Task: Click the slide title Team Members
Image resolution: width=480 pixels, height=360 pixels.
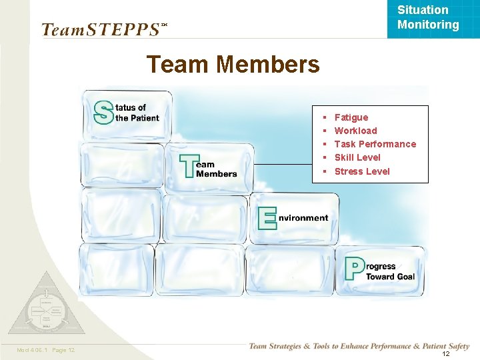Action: click(x=233, y=65)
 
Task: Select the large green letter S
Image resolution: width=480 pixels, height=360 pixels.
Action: click(x=103, y=112)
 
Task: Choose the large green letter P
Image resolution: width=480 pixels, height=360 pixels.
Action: click(x=354, y=269)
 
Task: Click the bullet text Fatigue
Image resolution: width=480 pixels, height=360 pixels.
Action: click(x=351, y=117)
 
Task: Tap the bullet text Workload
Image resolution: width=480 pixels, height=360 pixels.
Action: click(x=355, y=131)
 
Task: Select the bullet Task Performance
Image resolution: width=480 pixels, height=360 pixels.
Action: click(x=375, y=144)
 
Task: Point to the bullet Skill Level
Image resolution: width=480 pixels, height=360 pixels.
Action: click(x=357, y=157)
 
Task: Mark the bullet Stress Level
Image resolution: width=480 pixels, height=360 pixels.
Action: click(x=362, y=171)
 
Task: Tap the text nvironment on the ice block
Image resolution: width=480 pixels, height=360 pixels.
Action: click(x=303, y=218)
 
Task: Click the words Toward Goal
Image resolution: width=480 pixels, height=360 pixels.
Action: click(x=390, y=277)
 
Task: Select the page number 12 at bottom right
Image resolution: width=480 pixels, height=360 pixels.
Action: click(x=445, y=353)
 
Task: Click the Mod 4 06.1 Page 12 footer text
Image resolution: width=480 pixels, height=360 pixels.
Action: click(x=45, y=350)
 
